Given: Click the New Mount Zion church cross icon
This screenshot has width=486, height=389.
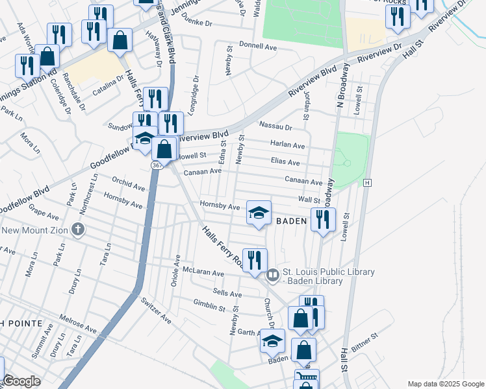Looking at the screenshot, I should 78,229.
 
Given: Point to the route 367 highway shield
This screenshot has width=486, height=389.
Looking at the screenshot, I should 157,166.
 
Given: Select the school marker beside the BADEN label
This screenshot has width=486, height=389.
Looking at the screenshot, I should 259,213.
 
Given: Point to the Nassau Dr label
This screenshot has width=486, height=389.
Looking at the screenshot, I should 275,126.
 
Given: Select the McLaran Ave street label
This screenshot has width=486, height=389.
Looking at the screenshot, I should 203,273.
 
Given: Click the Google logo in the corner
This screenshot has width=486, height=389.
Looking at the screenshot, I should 21,381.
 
